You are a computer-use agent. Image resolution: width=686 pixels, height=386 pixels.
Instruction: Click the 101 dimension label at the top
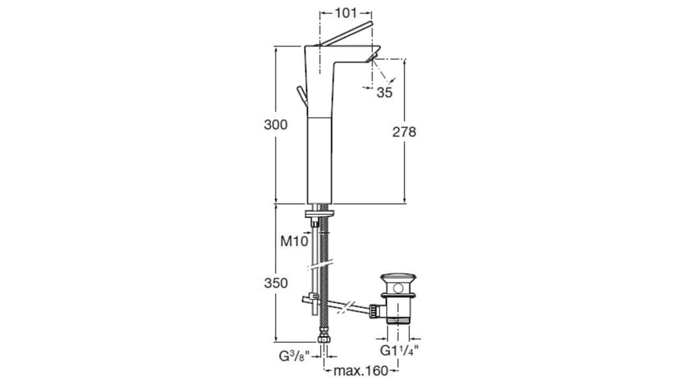pyautogui.click(x=346, y=13)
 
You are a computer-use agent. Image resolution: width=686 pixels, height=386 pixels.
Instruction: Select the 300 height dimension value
pyautogui.click(x=275, y=125)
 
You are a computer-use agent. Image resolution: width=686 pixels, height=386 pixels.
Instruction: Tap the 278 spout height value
pyautogui.click(x=404, y=132)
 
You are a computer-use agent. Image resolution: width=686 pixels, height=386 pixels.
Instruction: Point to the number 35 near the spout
pyautogui.click(x=385, y=92)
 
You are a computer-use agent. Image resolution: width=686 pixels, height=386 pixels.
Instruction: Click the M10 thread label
pyautogui.click(x=294, y=241)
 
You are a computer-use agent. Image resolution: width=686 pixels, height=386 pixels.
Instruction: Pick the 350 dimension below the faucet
pyautogui.click(x=276, y=283)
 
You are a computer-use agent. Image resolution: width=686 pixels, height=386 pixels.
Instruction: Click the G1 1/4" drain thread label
pyautogui.click(x=399, y=350)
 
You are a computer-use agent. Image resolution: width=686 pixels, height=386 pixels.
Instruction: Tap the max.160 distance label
pyautogui.click(x=361, y=371)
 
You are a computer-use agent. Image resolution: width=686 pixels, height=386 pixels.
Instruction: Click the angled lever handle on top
pyautogui.click(x=346, y=34)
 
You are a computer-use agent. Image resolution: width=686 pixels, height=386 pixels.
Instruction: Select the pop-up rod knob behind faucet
pyautogui.click(x=88, y=96)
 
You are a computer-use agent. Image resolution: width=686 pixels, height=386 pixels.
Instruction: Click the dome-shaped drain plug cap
pyautogui.click(x=398, y=278)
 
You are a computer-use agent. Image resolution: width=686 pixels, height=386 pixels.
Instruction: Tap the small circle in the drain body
pyautogui.click(x=398, y=288)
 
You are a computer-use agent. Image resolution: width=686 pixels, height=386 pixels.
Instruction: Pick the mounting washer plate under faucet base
pyautogui.click(x=319, y=214)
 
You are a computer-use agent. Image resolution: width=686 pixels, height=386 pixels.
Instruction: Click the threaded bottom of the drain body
pyautogui.click(x=398, y=321)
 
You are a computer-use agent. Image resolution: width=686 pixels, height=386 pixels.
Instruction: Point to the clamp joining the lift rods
pyautogui.click(x=314, y=296)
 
